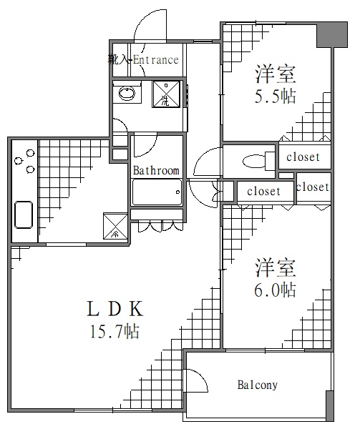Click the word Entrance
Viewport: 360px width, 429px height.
(x=154, y=60)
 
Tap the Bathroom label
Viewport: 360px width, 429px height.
(x=156, y=171)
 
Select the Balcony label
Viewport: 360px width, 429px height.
(x=257, y=385)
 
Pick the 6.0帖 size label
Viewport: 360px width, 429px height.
(x=276, y=290)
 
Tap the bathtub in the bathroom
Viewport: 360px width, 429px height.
(x=156, y=192)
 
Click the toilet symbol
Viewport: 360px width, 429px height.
(x=253, y=161)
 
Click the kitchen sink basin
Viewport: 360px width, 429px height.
(x=24, y=214)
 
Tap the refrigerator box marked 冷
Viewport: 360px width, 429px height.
(x=115, y=225)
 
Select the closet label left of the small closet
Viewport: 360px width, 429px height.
(x=263, y=192)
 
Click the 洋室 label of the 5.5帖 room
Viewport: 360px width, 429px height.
(x=276, y=74)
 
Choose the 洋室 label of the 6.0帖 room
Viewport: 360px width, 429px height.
(x=276, y=268)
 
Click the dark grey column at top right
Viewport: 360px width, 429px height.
(x=328, y=33)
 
